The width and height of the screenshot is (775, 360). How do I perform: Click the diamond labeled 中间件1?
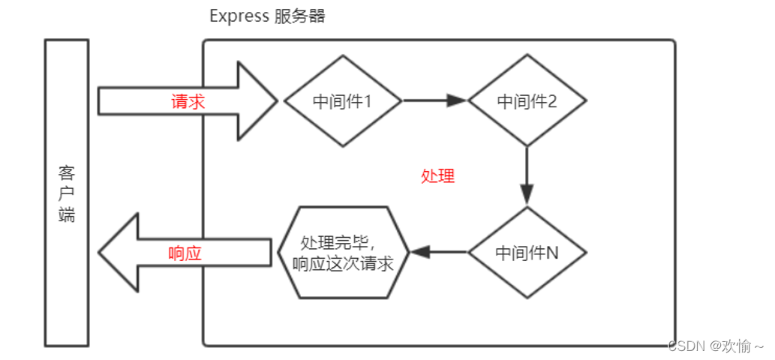342,100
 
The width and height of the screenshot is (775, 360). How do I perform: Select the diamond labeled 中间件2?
527,100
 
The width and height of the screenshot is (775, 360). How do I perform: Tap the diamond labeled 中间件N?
527,253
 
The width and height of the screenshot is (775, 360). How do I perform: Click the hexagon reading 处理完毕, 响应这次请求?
344,253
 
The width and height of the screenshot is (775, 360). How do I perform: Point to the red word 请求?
188,102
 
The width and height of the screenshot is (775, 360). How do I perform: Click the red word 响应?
185,253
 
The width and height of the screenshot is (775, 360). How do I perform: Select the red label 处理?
437,176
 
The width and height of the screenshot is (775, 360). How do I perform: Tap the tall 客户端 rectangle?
67,193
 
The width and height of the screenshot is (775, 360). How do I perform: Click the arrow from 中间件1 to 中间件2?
435,100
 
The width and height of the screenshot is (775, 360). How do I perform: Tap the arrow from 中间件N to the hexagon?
439,253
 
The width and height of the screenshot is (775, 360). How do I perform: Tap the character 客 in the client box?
67,173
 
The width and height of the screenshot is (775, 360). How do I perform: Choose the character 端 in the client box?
67,215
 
